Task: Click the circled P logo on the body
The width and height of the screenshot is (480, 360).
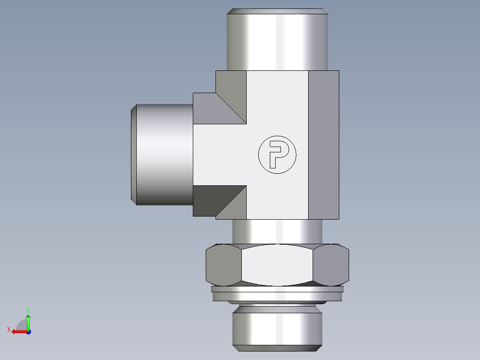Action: (x=277, y=155)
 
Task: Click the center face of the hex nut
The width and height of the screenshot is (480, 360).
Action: (x=277, y=265)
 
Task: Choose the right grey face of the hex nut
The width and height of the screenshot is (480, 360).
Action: (x=330, y=265)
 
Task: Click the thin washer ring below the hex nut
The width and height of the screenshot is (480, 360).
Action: (x=277, y=294)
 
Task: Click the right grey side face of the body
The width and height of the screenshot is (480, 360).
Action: (x=323, y=145)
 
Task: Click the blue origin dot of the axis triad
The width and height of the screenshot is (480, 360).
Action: (x=28, y=331)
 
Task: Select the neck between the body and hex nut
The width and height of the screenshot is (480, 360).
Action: (x=277, y=232)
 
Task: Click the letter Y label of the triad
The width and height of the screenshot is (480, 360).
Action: (x=28, y=309)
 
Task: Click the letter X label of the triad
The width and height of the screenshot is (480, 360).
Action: (x=8, y=329)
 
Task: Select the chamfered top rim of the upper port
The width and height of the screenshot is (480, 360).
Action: (x=277, y=12)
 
